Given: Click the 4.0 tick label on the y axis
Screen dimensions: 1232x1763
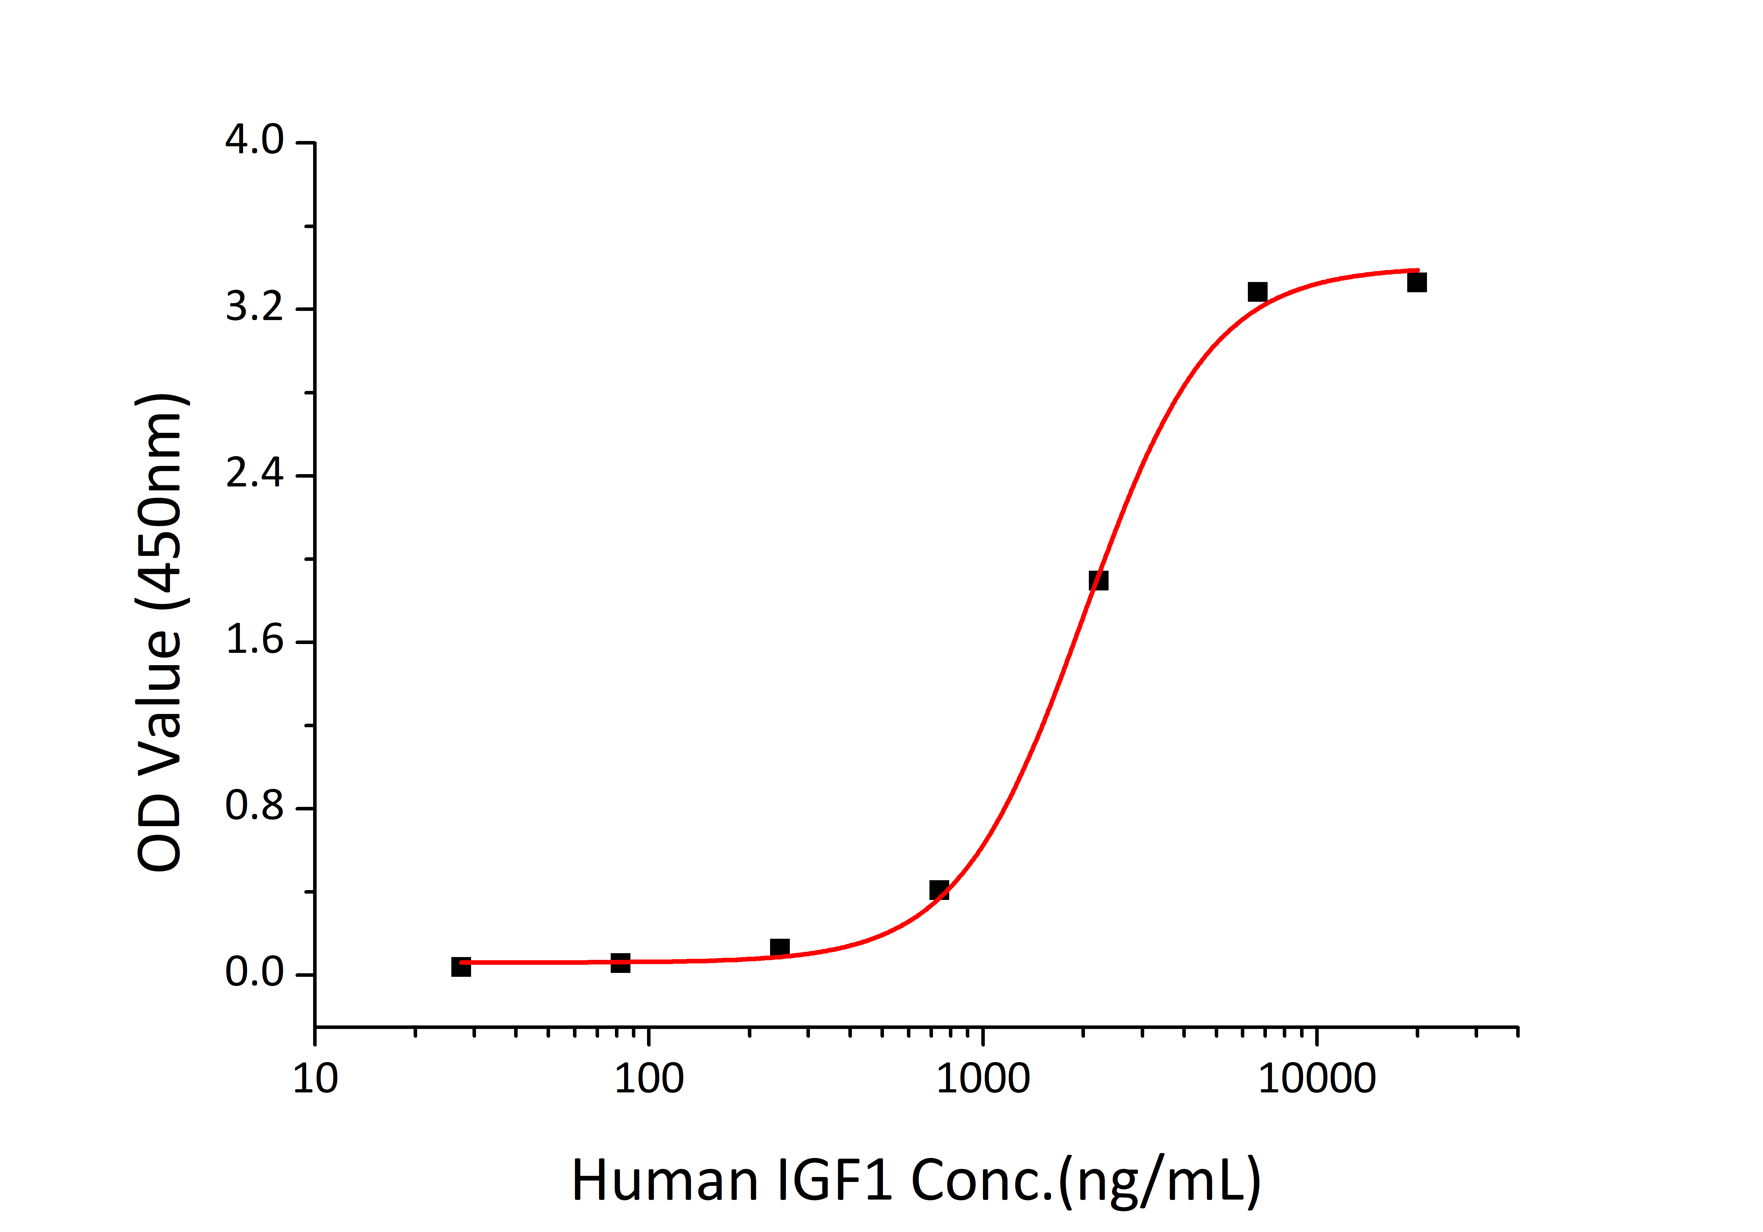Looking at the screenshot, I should click(254, 141).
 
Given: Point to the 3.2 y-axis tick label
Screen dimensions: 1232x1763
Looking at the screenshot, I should click(254, 308).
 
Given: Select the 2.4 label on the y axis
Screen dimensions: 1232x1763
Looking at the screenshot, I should click(254, 474).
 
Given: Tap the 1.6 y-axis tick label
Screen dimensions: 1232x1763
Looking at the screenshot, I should click(254, 640).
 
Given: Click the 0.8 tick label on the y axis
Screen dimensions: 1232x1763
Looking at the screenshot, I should click(254, 807).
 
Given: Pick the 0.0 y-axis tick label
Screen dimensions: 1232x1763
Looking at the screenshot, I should click(254, 973).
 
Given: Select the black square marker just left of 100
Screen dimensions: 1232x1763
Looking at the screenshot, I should click(621, 963).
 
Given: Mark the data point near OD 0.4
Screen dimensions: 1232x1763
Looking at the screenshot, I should click(939, 890).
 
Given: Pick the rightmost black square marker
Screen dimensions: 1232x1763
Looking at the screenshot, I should click(1417, 282).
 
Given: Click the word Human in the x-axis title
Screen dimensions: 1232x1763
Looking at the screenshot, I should click(665, 1181).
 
